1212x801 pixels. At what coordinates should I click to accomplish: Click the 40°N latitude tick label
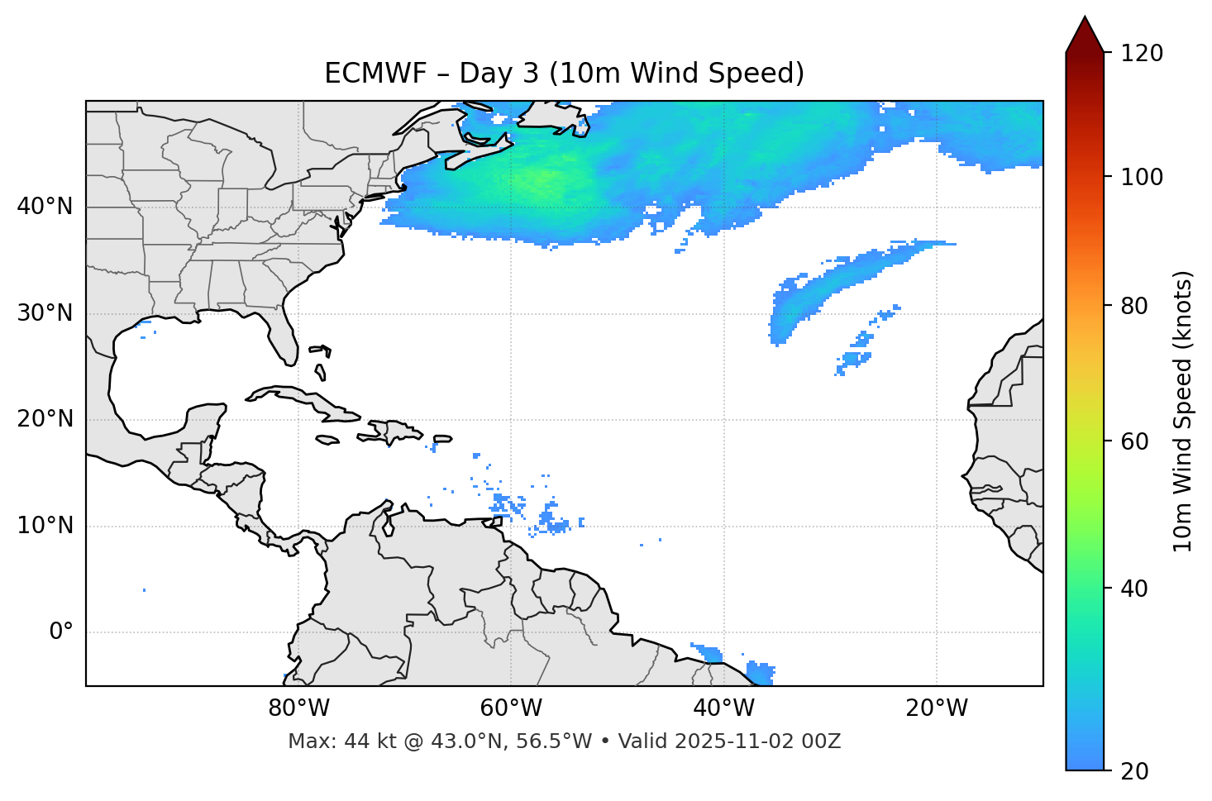click(45, 207)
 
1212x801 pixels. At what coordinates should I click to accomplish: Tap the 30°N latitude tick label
click(45, 313)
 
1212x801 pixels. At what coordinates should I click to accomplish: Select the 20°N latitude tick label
click(45, 420)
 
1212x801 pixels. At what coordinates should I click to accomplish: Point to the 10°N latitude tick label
click(45, 526)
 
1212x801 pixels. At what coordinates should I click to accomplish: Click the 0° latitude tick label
click(61, 632)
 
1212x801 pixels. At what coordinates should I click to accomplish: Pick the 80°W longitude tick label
click(298, 708)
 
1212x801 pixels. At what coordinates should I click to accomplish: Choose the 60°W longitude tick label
click(511, 708)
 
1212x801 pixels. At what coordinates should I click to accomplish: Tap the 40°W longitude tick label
click(723, 708)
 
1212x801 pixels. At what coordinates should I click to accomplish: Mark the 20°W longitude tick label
click(936, 708)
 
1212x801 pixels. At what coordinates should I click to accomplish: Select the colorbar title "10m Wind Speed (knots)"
click(1183, 412)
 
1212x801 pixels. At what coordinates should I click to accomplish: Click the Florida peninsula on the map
click(284, 335)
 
